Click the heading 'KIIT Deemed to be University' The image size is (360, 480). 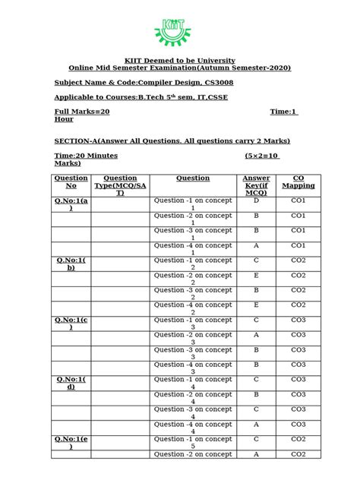point(180,60)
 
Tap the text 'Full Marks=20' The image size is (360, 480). point(82,112)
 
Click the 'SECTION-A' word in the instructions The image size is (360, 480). point(78,141)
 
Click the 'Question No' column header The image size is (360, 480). point(71,182)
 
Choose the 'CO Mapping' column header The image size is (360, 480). point(298,182)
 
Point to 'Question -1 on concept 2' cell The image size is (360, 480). point(193,264)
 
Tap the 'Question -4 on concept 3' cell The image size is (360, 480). point(193,368)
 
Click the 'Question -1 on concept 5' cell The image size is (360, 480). point(193,443)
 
